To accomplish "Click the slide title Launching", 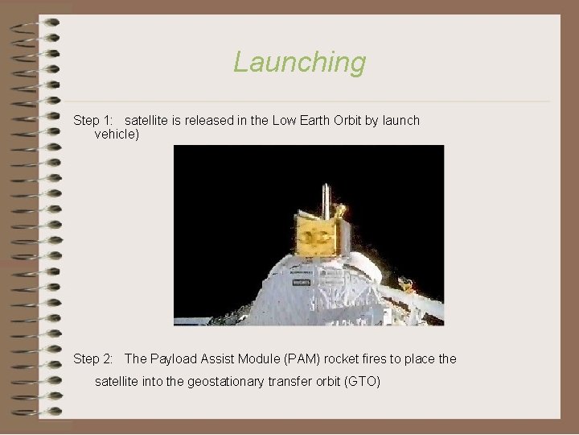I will pyautogui.click(x=299, y=62).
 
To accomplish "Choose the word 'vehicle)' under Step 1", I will pyautogui.click(x=117, y=135).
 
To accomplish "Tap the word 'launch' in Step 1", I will pyautogui.click(x=400, y=120).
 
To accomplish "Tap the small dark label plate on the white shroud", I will pyautogui.click(x=301, y=283).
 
